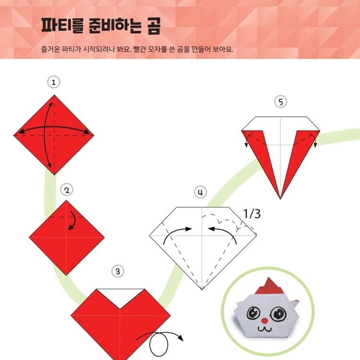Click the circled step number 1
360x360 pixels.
tap(53, 82)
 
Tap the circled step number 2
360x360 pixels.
tap(67, 190)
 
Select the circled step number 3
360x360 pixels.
tap(118, 271)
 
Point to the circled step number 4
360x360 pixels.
tap(200, 192)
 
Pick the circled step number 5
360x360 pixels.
tap(281, 102)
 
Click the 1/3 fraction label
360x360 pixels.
tap(252, 214)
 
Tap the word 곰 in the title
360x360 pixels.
tap(154, 26)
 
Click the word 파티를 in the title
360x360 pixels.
tap(62, 25)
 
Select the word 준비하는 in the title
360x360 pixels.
tap(115, 26)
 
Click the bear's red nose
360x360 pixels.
tap(264, 320)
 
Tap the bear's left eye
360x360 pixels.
tap(253, 312)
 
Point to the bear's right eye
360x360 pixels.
tap(278, 314)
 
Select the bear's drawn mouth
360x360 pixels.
tap(264, 329)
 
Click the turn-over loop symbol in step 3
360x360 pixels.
tap(159, 344)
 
